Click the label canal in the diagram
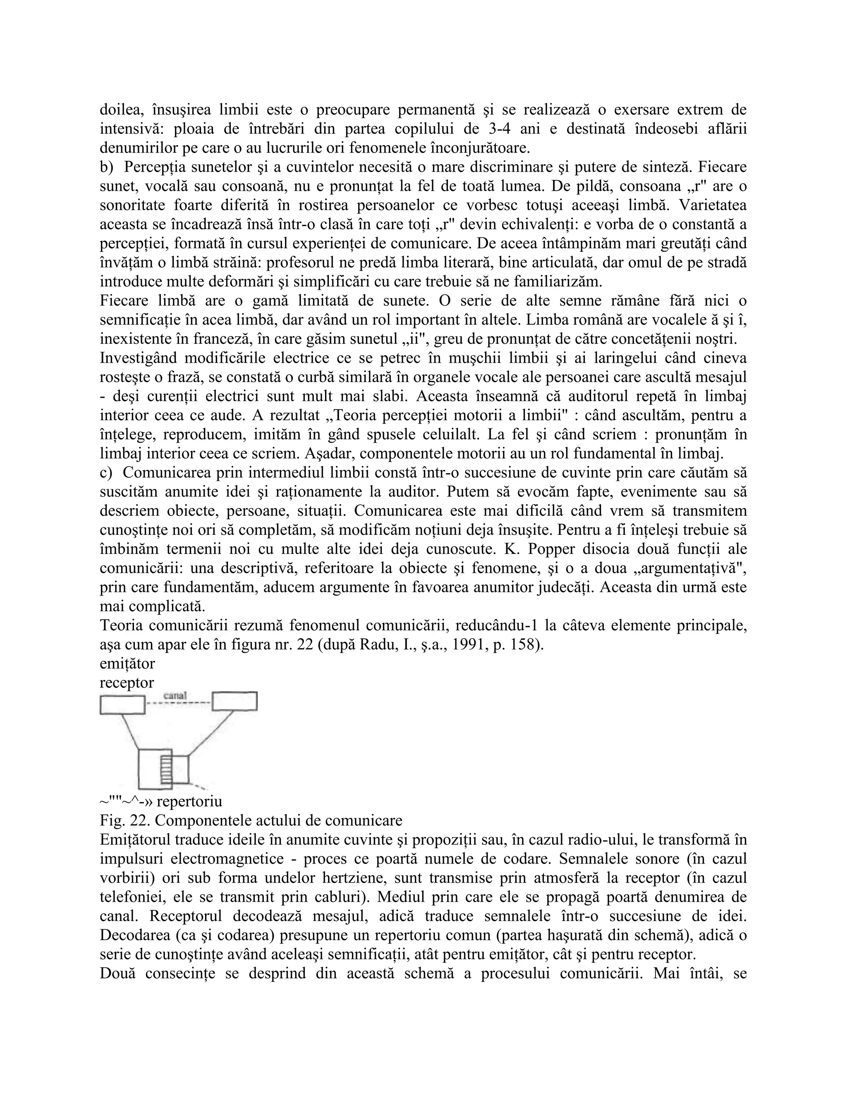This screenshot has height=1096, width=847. click(x=175, y=695)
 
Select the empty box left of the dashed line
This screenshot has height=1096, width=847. click(x=122, y=705)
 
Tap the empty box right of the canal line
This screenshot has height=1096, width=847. click(x=234, y=701)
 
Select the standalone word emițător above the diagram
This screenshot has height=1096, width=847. click(x=127, y=663)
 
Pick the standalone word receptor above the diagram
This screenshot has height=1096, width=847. click(x=127, y=682)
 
